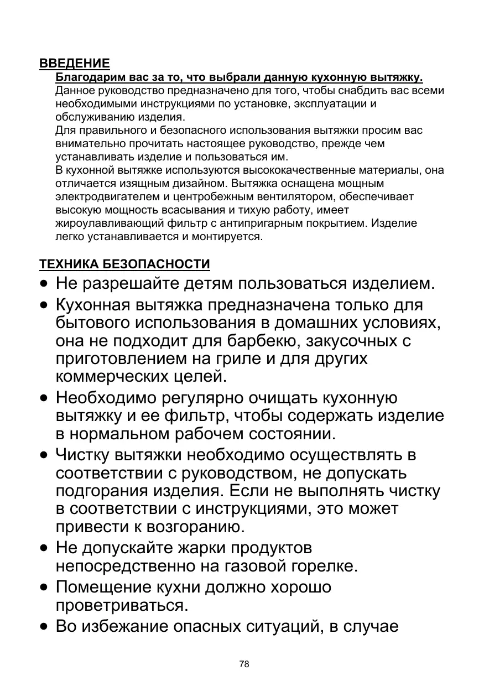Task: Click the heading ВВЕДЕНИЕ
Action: coord(75,64)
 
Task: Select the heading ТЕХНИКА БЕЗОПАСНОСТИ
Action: coord(124,264)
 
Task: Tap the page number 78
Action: coord(244,664)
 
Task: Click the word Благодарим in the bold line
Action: coord(89,77)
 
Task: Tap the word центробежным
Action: coord(262,197)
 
